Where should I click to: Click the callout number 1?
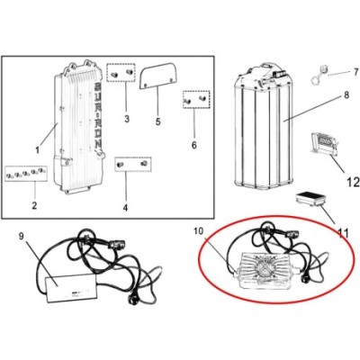tap(38, 149)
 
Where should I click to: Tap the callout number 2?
tap(34, 205)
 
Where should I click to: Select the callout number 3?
tap(127, 119)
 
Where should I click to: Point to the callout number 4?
tap(125, 207)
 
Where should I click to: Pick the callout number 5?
tap(158, 121)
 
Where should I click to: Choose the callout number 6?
tap(194, 145)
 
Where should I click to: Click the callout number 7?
tap(355, 72)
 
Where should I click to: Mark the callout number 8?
tap(346, 95)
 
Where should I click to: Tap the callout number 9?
tap(21, 236)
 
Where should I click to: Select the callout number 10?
tap(199, 231)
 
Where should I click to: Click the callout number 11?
tap(343, 233)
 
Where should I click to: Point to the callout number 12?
tap(353, 182)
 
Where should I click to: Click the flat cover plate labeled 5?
tap(157, 76)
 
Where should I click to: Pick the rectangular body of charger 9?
tap(71, 287)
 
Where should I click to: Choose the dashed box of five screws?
tap(26, 174)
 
